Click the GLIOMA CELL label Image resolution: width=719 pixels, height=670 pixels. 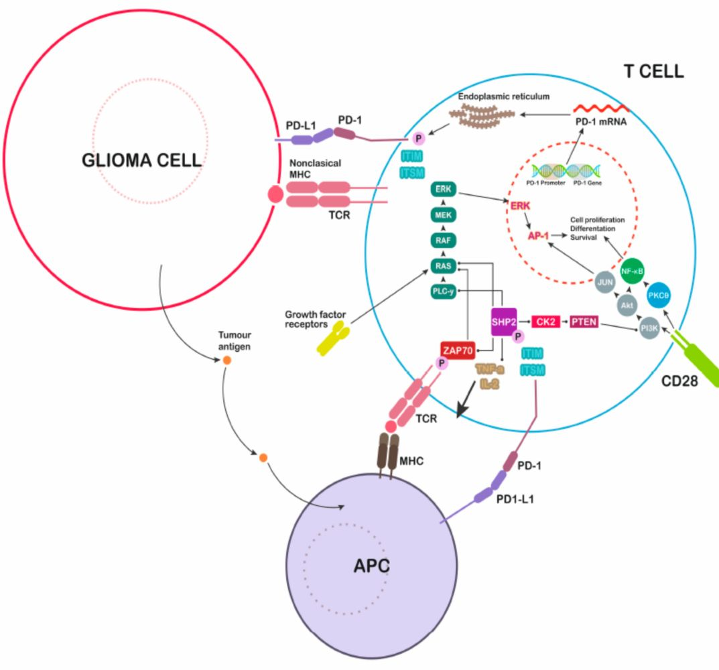click(x=141, y=160)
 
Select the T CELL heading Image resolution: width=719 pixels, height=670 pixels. click(x=653, y=72)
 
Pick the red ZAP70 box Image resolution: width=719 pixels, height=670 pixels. click(x=458, y=349)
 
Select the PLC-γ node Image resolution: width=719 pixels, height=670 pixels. click(x=443, y=291)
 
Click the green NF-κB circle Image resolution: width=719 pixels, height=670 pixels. click(x=633, y=270)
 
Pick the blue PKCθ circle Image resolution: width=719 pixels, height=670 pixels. click(x=659, y=294)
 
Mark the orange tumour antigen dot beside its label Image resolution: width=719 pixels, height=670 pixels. click(x=227, y=360)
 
